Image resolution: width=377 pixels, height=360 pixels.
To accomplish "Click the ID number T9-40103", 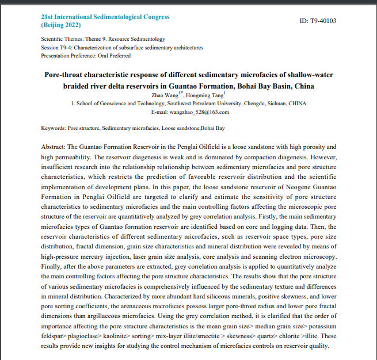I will tap(323, 21).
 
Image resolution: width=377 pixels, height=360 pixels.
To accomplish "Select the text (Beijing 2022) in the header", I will tap(61, 25).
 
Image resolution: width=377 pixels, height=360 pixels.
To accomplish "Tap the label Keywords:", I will tap(54, 128).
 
